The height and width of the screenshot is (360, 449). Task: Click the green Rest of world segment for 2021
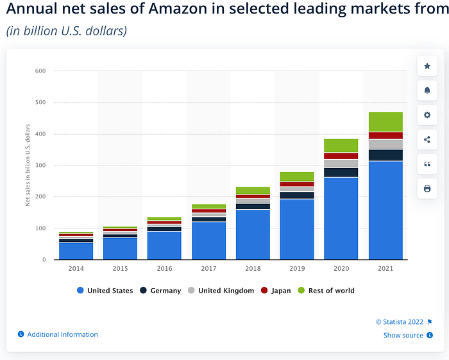pyautogui.click(x=385, y=122)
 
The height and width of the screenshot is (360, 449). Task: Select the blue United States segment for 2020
pyautogui.click(x=341, y=219)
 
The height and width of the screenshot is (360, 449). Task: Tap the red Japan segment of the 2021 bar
pyautogui.click(x=385, y=135)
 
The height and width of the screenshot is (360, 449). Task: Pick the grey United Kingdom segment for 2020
pyautogui.click(x=341, y=164)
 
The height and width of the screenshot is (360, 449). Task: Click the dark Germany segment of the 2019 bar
pyautogui.click(x=297, y=195)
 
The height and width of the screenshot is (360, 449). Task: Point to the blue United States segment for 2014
pyautogui.click(x=76, y=251)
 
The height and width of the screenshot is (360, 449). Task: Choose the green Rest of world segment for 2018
pyautogui.click(x=253, y=191)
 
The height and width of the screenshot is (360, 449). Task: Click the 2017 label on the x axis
pyautogui.click(x=208, y=268)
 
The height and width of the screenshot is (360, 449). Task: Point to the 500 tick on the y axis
pyautogui.click(x=40, y=102)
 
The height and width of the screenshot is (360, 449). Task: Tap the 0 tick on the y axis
pyautogui.click(x=44, y=259)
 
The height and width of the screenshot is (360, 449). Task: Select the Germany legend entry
pyautogui.click(x=160, y=291)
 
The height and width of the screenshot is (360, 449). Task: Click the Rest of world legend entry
pyautogui.click(x=326, y=291)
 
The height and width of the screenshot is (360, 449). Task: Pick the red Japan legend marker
pyautogui.click(x=264, y=291)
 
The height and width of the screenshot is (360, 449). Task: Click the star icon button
pyautogui.click(x=427, y=66)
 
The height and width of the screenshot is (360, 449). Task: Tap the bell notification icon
pyautogui.click(x=427, y=90)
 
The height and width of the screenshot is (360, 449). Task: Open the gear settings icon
pyautogui.click(x=427, y=115)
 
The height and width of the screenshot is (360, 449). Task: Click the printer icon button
pyautogui.click(x=427, y=189)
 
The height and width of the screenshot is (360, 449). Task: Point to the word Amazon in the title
pyautogui.click(x=178, y=8)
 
